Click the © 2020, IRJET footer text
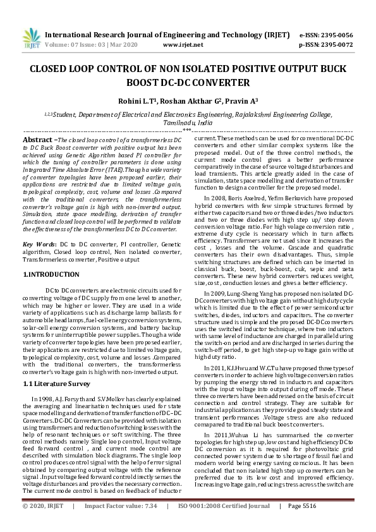(44, 524)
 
